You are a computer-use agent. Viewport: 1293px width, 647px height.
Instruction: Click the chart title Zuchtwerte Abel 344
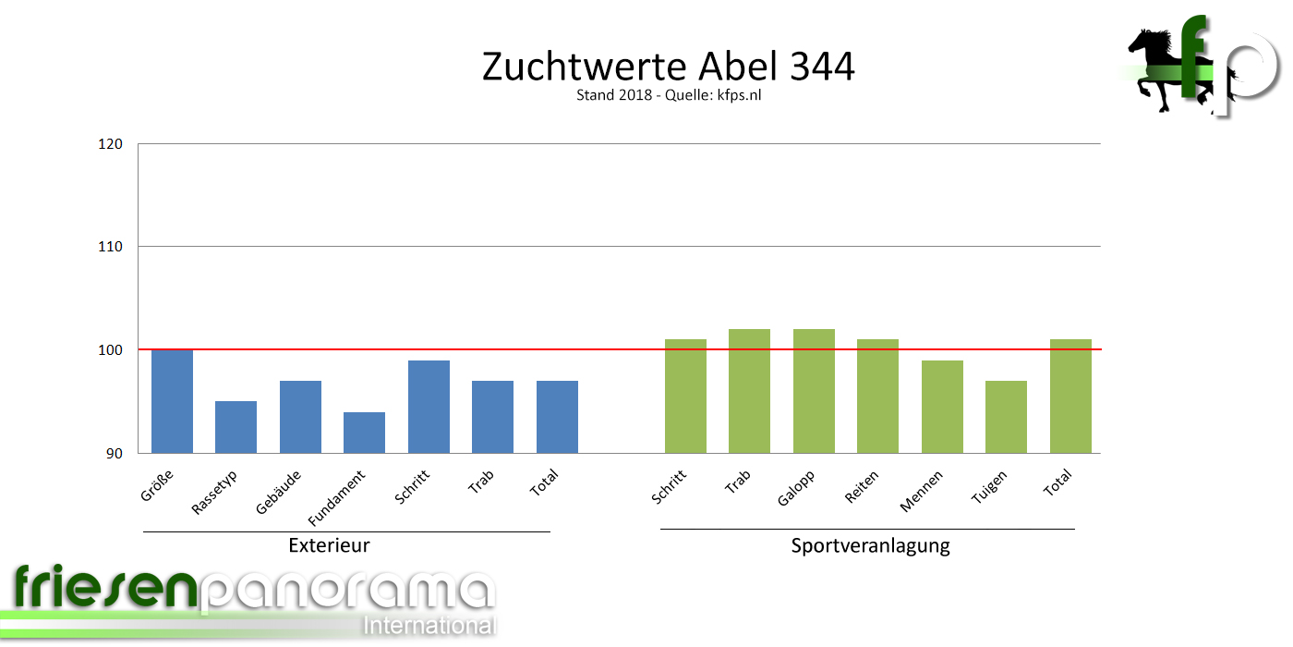(x=668, y=67)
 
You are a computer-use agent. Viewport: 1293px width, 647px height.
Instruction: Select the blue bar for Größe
(x=173, y=401)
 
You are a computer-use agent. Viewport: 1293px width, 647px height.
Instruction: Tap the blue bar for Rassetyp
(x=236, y=427)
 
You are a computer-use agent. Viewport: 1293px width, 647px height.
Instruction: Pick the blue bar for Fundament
(x=364, y=433)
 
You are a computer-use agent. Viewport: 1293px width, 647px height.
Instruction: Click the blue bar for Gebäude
(x=300, y=417)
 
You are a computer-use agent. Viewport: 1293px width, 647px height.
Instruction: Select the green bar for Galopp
(x=814, y=391)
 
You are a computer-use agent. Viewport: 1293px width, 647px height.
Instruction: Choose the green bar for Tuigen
(x=1006, y=417)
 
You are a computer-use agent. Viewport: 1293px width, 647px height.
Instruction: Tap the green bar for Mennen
(x=942, y=407)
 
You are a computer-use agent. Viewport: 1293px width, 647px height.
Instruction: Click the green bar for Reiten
(x=877, y=396)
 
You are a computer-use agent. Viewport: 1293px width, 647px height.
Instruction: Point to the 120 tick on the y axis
(x=111, y=144)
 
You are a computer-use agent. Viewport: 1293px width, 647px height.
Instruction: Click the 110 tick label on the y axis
(x=111, y=247)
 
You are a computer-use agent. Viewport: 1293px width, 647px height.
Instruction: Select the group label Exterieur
(x=329, y=545)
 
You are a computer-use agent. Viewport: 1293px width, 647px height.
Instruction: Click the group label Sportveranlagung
(x=870, y=545)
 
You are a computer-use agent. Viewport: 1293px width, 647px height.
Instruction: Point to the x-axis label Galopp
(x=795, y=487)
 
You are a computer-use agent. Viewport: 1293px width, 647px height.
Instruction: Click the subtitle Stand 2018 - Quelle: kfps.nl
(x=668, y=95)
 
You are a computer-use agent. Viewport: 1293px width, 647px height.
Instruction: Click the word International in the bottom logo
(x=429, y=626)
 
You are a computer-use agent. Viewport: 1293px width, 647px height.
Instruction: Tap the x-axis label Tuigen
(x=989, y=487)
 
